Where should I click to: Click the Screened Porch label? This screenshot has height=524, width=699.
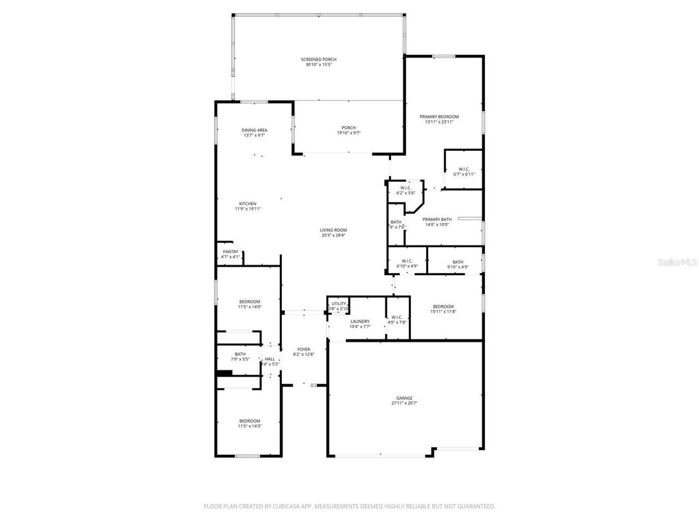(318, 59)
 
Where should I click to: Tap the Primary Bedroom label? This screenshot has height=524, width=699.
(439, 116)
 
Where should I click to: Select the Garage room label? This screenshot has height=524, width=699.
(404, 398)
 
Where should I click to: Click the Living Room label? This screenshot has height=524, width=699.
(333, 230)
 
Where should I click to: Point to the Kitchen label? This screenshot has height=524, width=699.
(247, 204)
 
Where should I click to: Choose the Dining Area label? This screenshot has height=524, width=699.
(254, 130)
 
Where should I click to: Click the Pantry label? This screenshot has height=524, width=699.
(230, 252)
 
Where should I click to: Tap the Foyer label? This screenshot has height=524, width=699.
(304, 349)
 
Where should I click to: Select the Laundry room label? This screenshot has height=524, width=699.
(360, 321)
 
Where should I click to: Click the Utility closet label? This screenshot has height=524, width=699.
(339, 303)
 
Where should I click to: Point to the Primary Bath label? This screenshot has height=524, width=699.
(437, 219)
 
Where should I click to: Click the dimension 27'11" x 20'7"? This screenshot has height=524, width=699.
(404, 403)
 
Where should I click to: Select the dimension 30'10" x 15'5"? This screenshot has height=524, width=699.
(318, 65)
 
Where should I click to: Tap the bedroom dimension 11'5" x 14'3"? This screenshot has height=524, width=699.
(250, 426)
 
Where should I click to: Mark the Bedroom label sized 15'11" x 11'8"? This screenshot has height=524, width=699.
(443, 306)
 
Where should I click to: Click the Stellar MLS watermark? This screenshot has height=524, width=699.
(677, 262)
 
